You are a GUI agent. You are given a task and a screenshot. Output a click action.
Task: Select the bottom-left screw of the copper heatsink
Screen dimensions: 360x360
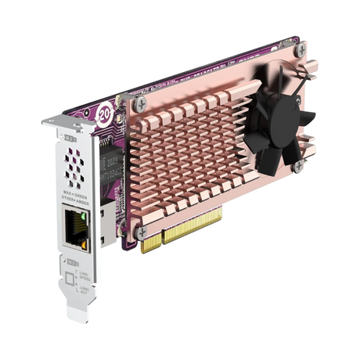click(x=141, y=232)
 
